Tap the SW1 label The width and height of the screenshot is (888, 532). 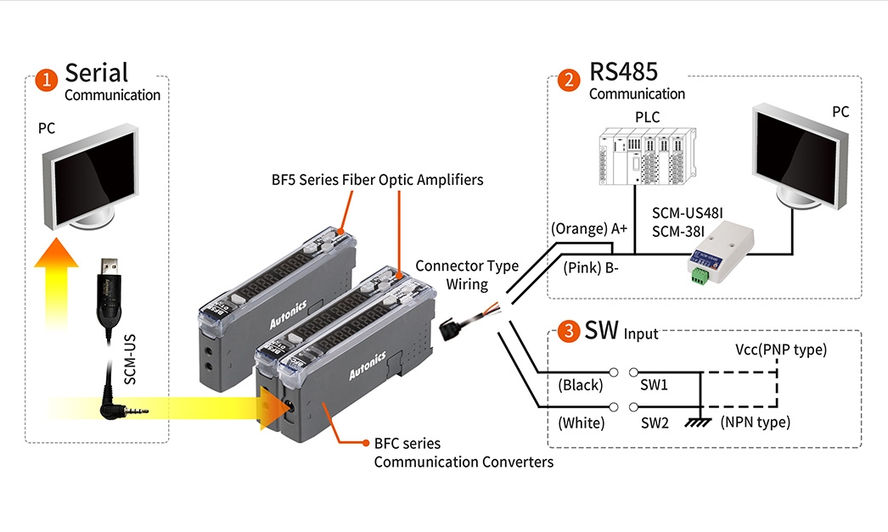(x=654, y=385)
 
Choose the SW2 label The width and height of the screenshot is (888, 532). (x=654, y=422)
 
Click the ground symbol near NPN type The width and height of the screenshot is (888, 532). (x=699, y=422)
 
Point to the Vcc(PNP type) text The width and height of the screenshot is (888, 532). (x=781, y=350)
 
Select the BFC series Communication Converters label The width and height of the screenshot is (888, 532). (x=463, y=453)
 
